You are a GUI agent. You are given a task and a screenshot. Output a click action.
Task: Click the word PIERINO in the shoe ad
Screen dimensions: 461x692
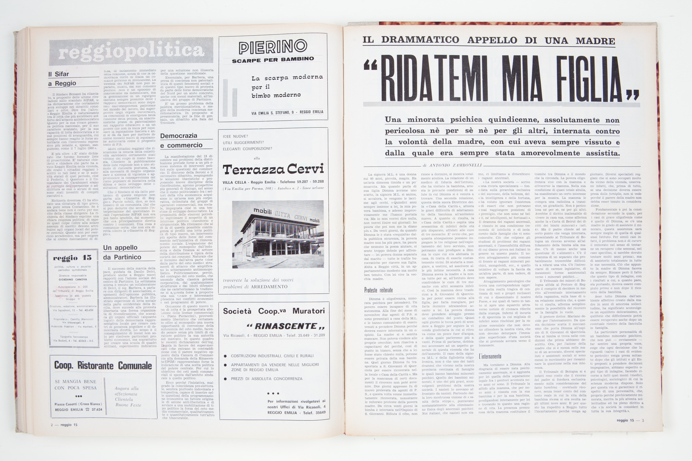[273, 47]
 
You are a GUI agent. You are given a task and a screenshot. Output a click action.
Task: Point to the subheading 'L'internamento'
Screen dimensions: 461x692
[490, 356]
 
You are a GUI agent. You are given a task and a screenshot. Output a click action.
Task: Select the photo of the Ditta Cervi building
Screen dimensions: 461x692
[278, 234]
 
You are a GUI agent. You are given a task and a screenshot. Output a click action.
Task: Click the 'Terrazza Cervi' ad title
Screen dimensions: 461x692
[273, 169]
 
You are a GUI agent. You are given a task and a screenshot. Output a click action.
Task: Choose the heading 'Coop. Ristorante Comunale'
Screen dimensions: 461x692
[103, 365]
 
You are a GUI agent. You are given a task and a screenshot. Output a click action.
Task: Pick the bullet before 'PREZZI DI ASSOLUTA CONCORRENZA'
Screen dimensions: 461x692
[225, 379]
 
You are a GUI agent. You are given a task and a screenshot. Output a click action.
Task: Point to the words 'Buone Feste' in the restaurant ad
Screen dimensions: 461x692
[128, 405]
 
